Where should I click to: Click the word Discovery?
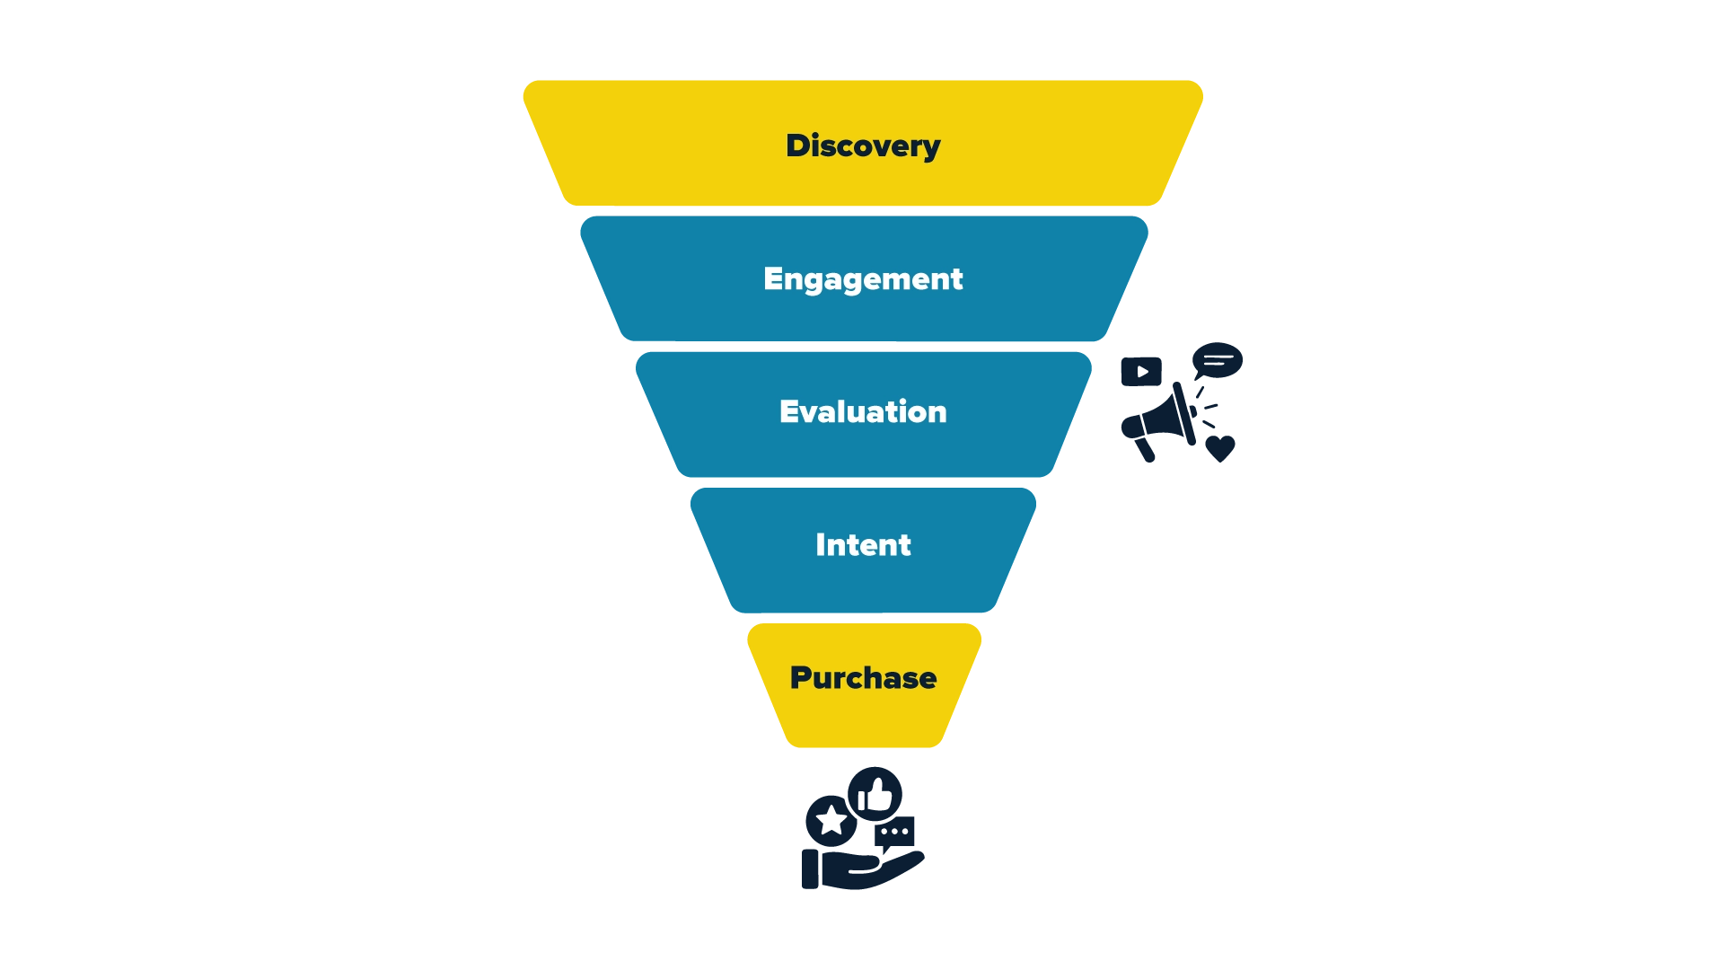(863, 145)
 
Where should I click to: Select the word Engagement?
(863, 279)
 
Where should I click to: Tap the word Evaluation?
(863, 411)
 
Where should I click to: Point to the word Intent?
(863, 544)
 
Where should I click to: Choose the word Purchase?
(863, 677)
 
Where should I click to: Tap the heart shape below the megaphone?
(1219, 445)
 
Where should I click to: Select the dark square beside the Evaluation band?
(1141, 370)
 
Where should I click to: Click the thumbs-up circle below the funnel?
(828, 822)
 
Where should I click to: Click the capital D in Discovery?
(797, 145)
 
